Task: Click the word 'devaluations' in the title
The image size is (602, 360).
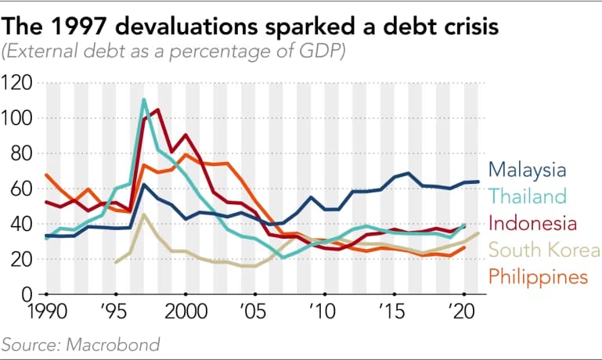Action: (x=183, y=28)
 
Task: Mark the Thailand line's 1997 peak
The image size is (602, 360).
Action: (x=144, y=99)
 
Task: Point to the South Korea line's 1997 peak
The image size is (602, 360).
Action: (x=143, y=214)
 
